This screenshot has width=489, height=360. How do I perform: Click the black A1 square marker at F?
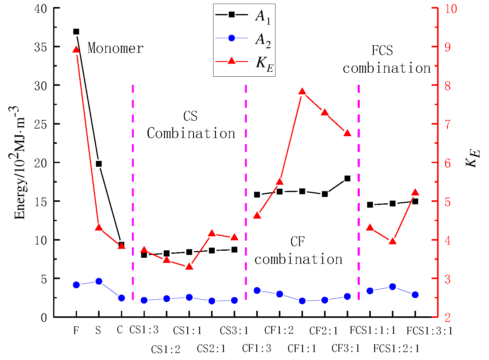pos(76,32)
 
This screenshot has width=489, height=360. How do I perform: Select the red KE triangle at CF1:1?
pos(302,92)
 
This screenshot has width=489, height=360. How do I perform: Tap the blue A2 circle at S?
pos(99,281)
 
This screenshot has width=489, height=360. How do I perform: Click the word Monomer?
pos(115,49)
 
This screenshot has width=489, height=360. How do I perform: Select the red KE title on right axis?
pos(472,158)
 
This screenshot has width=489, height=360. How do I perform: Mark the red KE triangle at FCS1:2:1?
pos(392,241)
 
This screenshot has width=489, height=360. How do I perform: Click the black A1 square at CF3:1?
pos(347,179)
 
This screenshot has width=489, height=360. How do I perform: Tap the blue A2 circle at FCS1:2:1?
pos(392,286)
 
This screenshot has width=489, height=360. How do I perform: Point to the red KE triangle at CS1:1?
pos(189,266)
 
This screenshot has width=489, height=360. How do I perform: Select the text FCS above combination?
pos(382,51)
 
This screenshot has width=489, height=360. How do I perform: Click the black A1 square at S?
pos(99,164)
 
